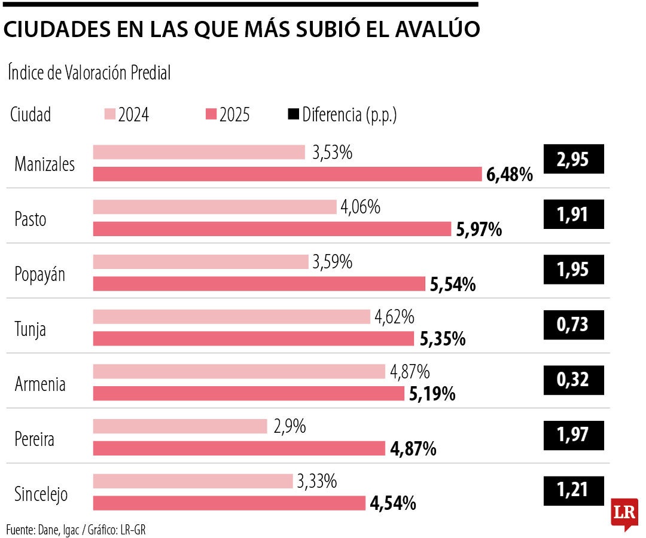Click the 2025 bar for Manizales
[288, 174]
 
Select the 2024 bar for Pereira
[180, 426]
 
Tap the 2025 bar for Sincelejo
[229, 503]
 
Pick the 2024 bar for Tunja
[231, 317]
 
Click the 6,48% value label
[510, 175]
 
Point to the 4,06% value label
[361, 207]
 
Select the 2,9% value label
[290, 426]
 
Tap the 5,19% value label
[432, 394]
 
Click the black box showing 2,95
[573, 160]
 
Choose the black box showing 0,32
[573, 380]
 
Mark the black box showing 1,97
[573, 435]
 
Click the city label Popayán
[40, 274]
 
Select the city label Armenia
[40, 384]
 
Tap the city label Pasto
[31, 219]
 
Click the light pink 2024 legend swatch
[110, 114]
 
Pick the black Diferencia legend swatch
[293, 114]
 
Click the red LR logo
[624, 513]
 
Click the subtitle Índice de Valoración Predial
[90, 73]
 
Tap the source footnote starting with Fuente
[75, 528]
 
